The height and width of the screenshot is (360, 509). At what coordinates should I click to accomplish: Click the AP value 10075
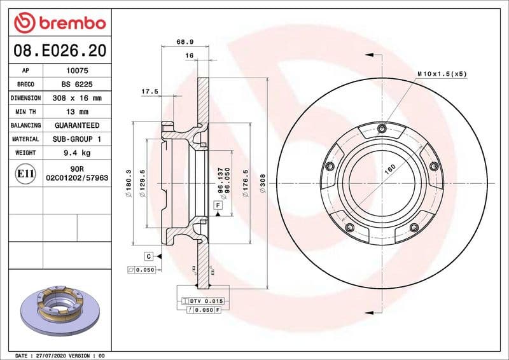tap(76, 71)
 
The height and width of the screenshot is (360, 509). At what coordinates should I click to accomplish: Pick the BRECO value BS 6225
tap(76, 85)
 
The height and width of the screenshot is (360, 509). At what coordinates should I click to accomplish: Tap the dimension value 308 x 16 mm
tap(76, 99)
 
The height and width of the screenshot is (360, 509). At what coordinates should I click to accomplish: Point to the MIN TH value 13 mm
tap(76, 112)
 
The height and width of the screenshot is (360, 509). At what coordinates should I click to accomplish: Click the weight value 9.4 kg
tap(76, 153)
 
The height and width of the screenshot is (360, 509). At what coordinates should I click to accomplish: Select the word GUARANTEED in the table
tap(76, 125)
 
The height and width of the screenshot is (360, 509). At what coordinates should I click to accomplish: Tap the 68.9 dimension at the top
tap(185, 42)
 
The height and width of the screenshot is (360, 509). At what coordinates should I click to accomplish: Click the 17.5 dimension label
tap(150, 92)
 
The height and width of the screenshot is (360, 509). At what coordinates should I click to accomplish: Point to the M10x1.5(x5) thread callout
tap(442, 74)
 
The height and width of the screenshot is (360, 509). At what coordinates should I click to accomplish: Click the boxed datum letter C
tap(148, 256)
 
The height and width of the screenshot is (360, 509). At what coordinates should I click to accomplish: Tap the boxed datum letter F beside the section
tap(218, 205)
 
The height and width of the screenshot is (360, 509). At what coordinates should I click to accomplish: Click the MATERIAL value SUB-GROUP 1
tap(76, 139)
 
